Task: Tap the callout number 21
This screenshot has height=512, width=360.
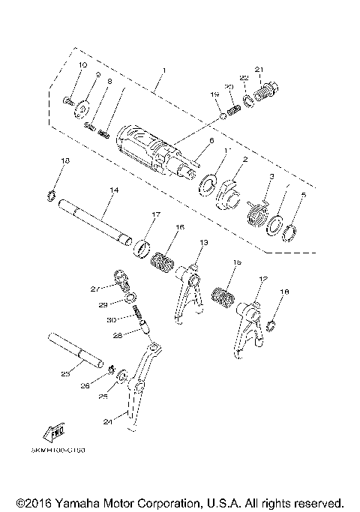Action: coord(259,71)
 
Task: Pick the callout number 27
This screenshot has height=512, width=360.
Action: coord(95,289)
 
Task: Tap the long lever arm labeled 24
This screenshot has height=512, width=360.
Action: coord(138,390)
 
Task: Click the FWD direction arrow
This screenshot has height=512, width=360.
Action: coord(55,433)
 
